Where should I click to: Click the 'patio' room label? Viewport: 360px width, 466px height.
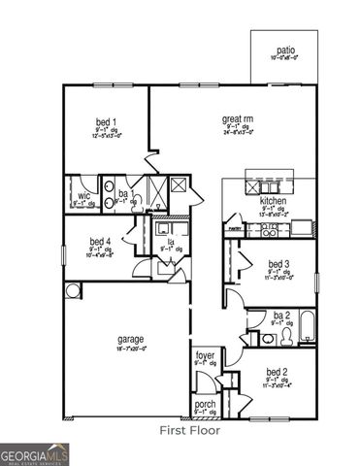(x=285, y=50)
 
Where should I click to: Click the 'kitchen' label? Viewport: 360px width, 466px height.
(x=274, y=201)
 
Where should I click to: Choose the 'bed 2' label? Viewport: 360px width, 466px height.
(x=278, y=372)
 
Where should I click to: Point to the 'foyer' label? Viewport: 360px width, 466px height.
(x=204, y=356)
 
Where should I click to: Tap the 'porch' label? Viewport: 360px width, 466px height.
(x=205, y=404)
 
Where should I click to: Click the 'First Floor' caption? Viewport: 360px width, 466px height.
(x=189, y=429)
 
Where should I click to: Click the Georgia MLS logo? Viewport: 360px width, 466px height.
(x=34, y=451)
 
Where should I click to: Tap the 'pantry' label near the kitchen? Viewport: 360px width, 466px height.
(x=233, y=229)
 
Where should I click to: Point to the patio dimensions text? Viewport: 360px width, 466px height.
(x=285, y=59)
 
